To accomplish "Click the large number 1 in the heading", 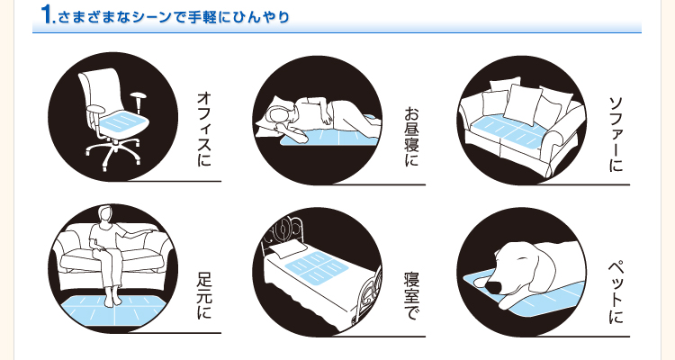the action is (x=47, y=14).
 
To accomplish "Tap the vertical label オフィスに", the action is (x=204, y=129).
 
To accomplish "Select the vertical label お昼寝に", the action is (x=411, y=137).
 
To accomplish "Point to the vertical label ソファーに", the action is (x=616, y=134).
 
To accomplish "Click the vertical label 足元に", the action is (x=204, y=296).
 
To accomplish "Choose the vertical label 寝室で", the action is (x=411, y=296).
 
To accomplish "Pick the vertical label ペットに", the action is (x=616, y=292).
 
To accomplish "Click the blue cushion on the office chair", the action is (x=124, y=122).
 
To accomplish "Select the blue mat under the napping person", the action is (x=328, y=137).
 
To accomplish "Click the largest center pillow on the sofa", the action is (x=522, y=104).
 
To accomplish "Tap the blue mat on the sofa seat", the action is (x=511, y=131).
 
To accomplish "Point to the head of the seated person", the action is (x=105, y=213).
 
